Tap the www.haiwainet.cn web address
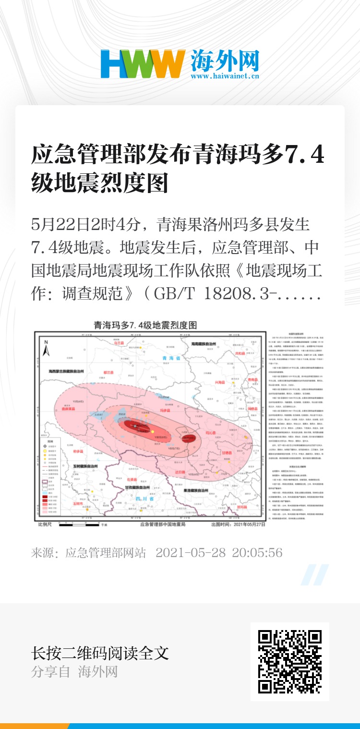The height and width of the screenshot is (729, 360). (x=225, y=76)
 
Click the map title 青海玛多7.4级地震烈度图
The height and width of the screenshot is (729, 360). (x=145, y=325)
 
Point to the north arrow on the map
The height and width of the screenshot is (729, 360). (x=47, y=349)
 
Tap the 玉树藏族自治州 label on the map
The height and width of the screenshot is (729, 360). (x=86, y=466)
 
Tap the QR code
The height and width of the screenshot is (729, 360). (x=289, y=661)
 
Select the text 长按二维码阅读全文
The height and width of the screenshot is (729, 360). (x=100, y=653)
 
